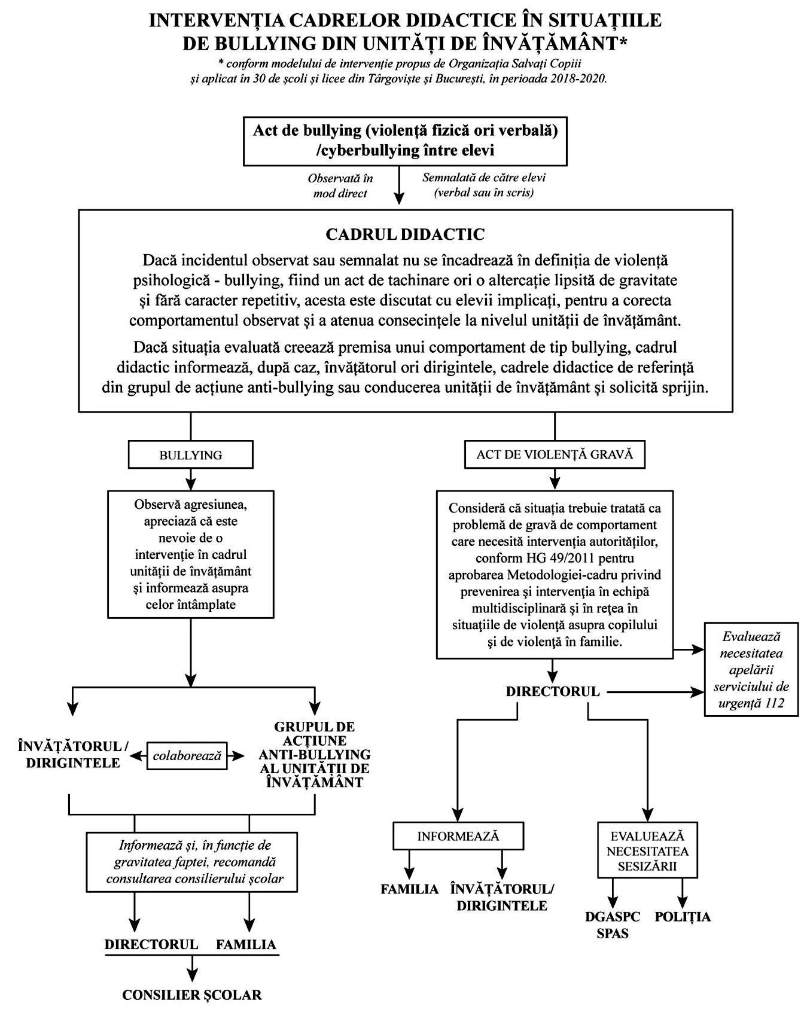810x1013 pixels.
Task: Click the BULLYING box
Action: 190,455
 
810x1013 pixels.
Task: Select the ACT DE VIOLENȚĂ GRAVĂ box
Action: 555,454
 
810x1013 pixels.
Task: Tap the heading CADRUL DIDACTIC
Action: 405,234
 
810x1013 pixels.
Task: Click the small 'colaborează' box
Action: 187,756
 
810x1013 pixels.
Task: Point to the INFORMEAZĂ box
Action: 458,836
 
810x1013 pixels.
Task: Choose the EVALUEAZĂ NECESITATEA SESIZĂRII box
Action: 647,851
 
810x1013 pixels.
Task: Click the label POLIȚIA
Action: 683,917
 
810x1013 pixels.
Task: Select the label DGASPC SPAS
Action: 613,925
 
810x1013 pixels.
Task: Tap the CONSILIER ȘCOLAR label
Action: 192,995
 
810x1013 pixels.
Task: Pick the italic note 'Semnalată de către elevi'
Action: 484,178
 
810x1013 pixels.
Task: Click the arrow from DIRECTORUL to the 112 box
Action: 655,692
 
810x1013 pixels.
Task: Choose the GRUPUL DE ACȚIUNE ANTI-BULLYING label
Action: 314,755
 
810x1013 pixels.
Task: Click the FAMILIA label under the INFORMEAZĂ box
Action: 410,889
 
